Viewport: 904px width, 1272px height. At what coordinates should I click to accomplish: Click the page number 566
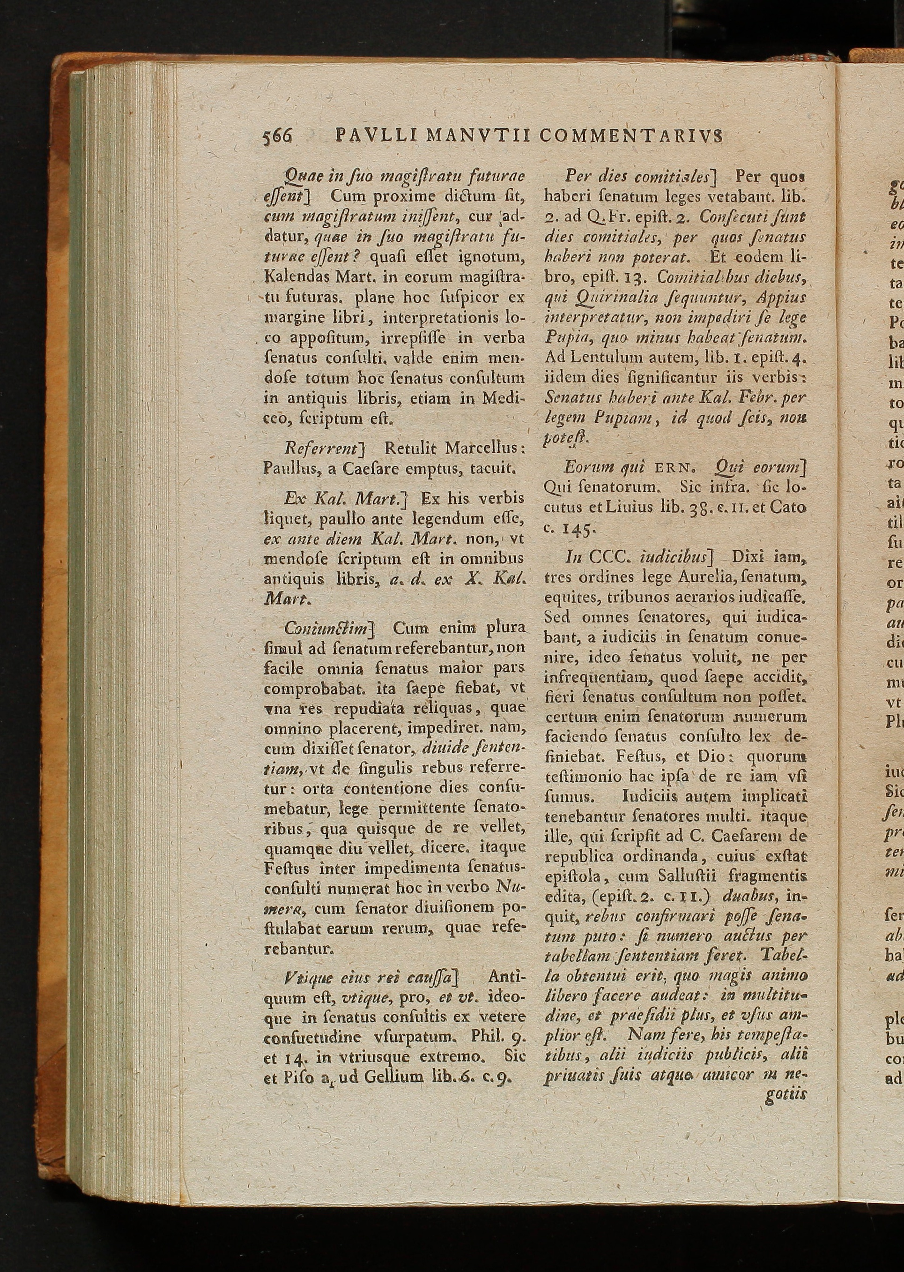[277, 136]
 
